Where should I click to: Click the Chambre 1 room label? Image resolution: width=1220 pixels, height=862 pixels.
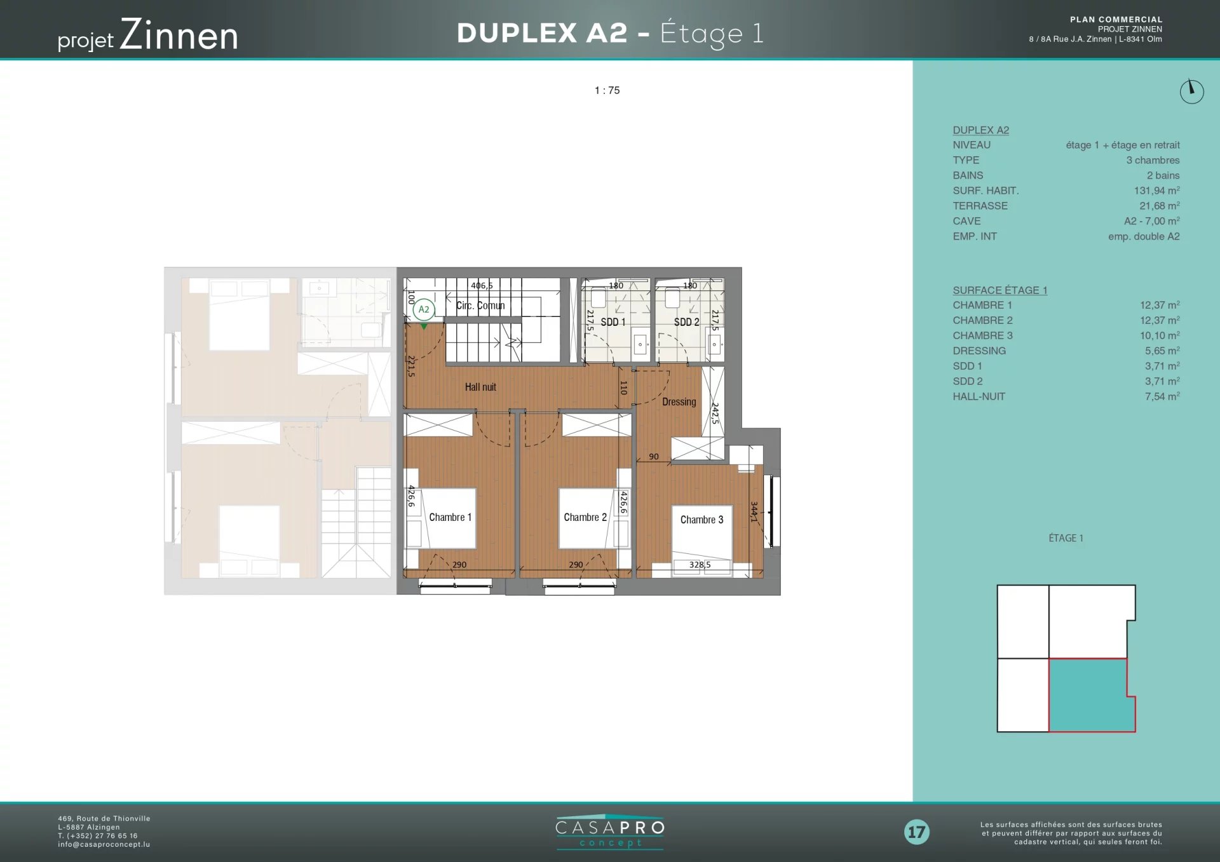click(450, 517)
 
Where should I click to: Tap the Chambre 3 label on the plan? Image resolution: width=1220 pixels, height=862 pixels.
click(701, 520)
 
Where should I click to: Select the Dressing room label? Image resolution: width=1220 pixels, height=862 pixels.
click(679, 402)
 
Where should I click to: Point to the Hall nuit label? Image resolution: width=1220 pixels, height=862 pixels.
click(480, 387)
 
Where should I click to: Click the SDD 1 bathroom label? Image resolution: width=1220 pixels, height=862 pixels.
click(613, 322)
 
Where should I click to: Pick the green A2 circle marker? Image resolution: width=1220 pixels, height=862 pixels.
click(424, 309)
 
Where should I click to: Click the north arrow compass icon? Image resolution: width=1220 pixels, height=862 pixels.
click(1191, 91)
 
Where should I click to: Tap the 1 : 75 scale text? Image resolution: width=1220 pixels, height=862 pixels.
click(607, 90)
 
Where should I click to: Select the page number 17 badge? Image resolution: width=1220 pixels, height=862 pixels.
click(916, 832)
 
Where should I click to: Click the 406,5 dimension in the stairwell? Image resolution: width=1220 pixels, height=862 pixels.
click(482, 286)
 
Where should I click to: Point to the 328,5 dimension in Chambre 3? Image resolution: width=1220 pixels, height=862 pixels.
click(700, 565)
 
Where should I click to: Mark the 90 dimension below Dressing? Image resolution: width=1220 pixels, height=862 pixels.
click(654, 457)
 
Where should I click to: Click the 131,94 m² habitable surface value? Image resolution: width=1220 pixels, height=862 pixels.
click(1156, 191)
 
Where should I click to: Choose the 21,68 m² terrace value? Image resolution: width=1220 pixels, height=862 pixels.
click(1159, 206)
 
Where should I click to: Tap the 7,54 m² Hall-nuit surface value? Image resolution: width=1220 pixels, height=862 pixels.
click(1162, 396)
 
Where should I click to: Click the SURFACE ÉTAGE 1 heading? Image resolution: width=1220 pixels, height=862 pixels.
click(1000, 290)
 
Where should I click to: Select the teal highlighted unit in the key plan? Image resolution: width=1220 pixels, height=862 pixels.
click(1088, 695)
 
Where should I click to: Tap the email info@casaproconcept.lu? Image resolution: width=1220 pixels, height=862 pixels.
click(104, 844)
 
